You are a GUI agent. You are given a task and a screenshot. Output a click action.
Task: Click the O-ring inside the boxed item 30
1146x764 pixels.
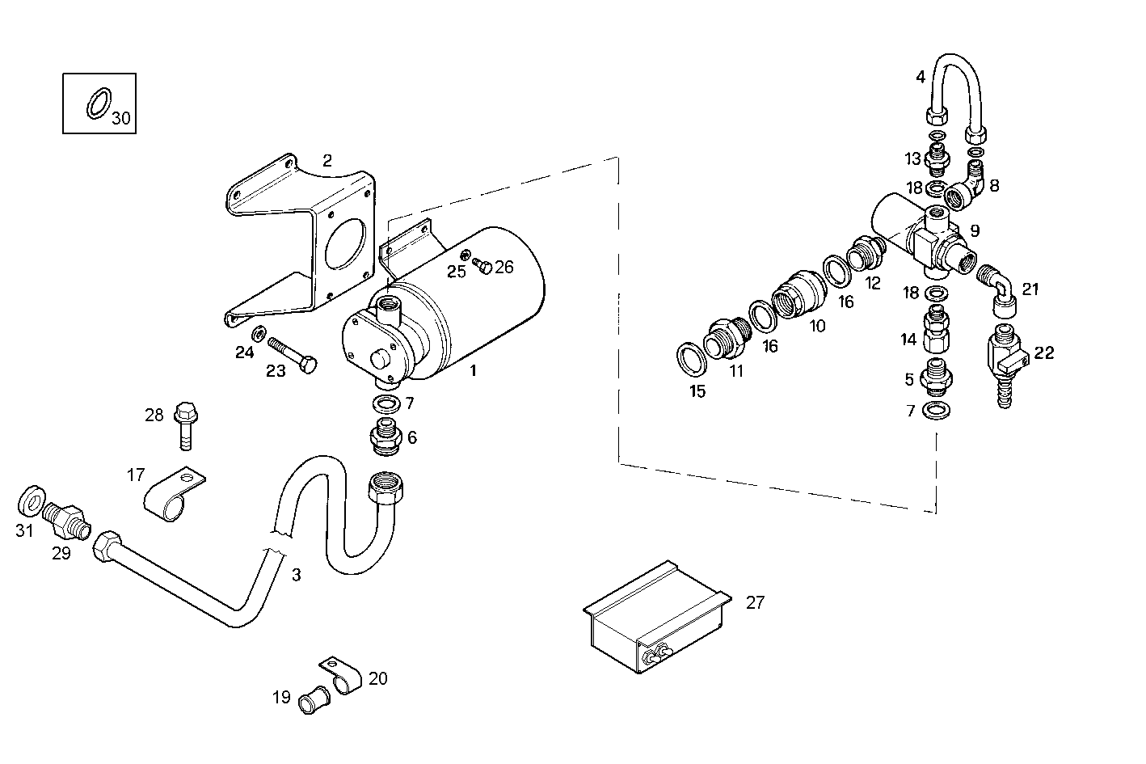click(98, 103)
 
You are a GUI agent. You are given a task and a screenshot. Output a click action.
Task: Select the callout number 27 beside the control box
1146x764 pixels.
click(755, 602)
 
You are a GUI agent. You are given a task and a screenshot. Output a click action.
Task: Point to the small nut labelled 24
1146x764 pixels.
click(259, 332)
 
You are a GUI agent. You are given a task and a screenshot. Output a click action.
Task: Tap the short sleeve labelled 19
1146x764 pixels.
click(313, 699)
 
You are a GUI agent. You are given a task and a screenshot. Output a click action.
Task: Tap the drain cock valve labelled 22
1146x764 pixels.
click(1002, 359)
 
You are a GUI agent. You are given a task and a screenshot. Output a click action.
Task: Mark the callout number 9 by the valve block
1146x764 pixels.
click(975, 231)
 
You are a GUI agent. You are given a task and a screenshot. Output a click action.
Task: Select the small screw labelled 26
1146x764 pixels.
click(484, 265)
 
